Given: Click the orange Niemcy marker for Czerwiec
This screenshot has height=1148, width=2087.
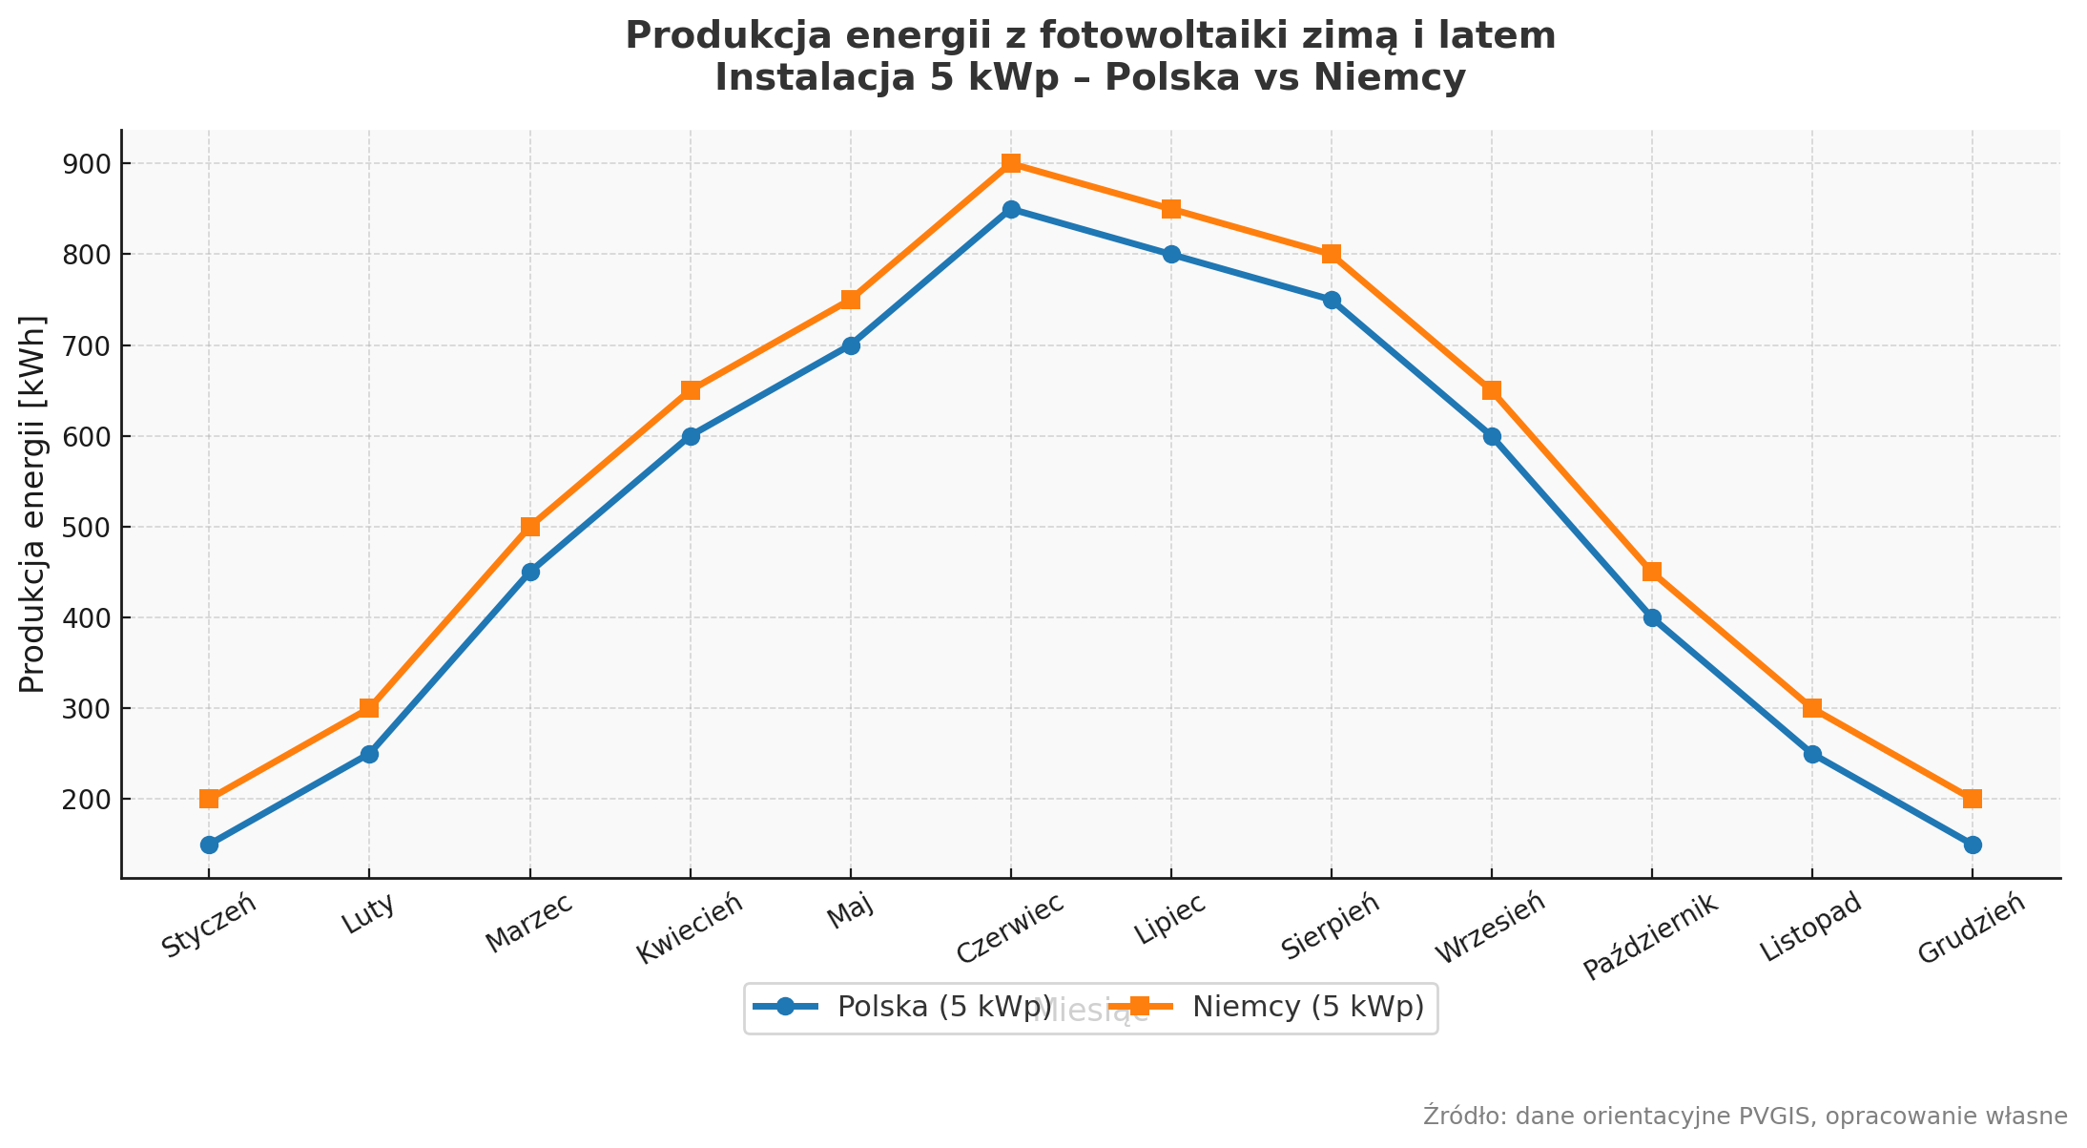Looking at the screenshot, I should (x=1011, y=163).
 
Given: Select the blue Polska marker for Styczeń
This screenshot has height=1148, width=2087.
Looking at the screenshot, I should (x=209, y=845).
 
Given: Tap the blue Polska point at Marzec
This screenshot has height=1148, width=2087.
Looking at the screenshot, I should (x=530, y=573).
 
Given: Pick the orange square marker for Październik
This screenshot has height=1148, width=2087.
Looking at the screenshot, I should (x=1652, y=573).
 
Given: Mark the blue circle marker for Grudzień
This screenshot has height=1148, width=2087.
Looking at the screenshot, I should (x=1973, y=845).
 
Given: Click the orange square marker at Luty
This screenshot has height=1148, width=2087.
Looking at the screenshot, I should (x=369, y=708).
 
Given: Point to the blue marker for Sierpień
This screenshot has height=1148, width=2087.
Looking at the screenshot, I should (x=1332, y=300).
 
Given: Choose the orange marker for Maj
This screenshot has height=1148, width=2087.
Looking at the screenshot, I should (x=851, y=300).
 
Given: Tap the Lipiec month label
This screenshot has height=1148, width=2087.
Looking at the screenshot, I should (x=1170, y=917).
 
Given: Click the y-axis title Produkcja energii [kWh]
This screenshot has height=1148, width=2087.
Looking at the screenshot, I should (x=33, y=504).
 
